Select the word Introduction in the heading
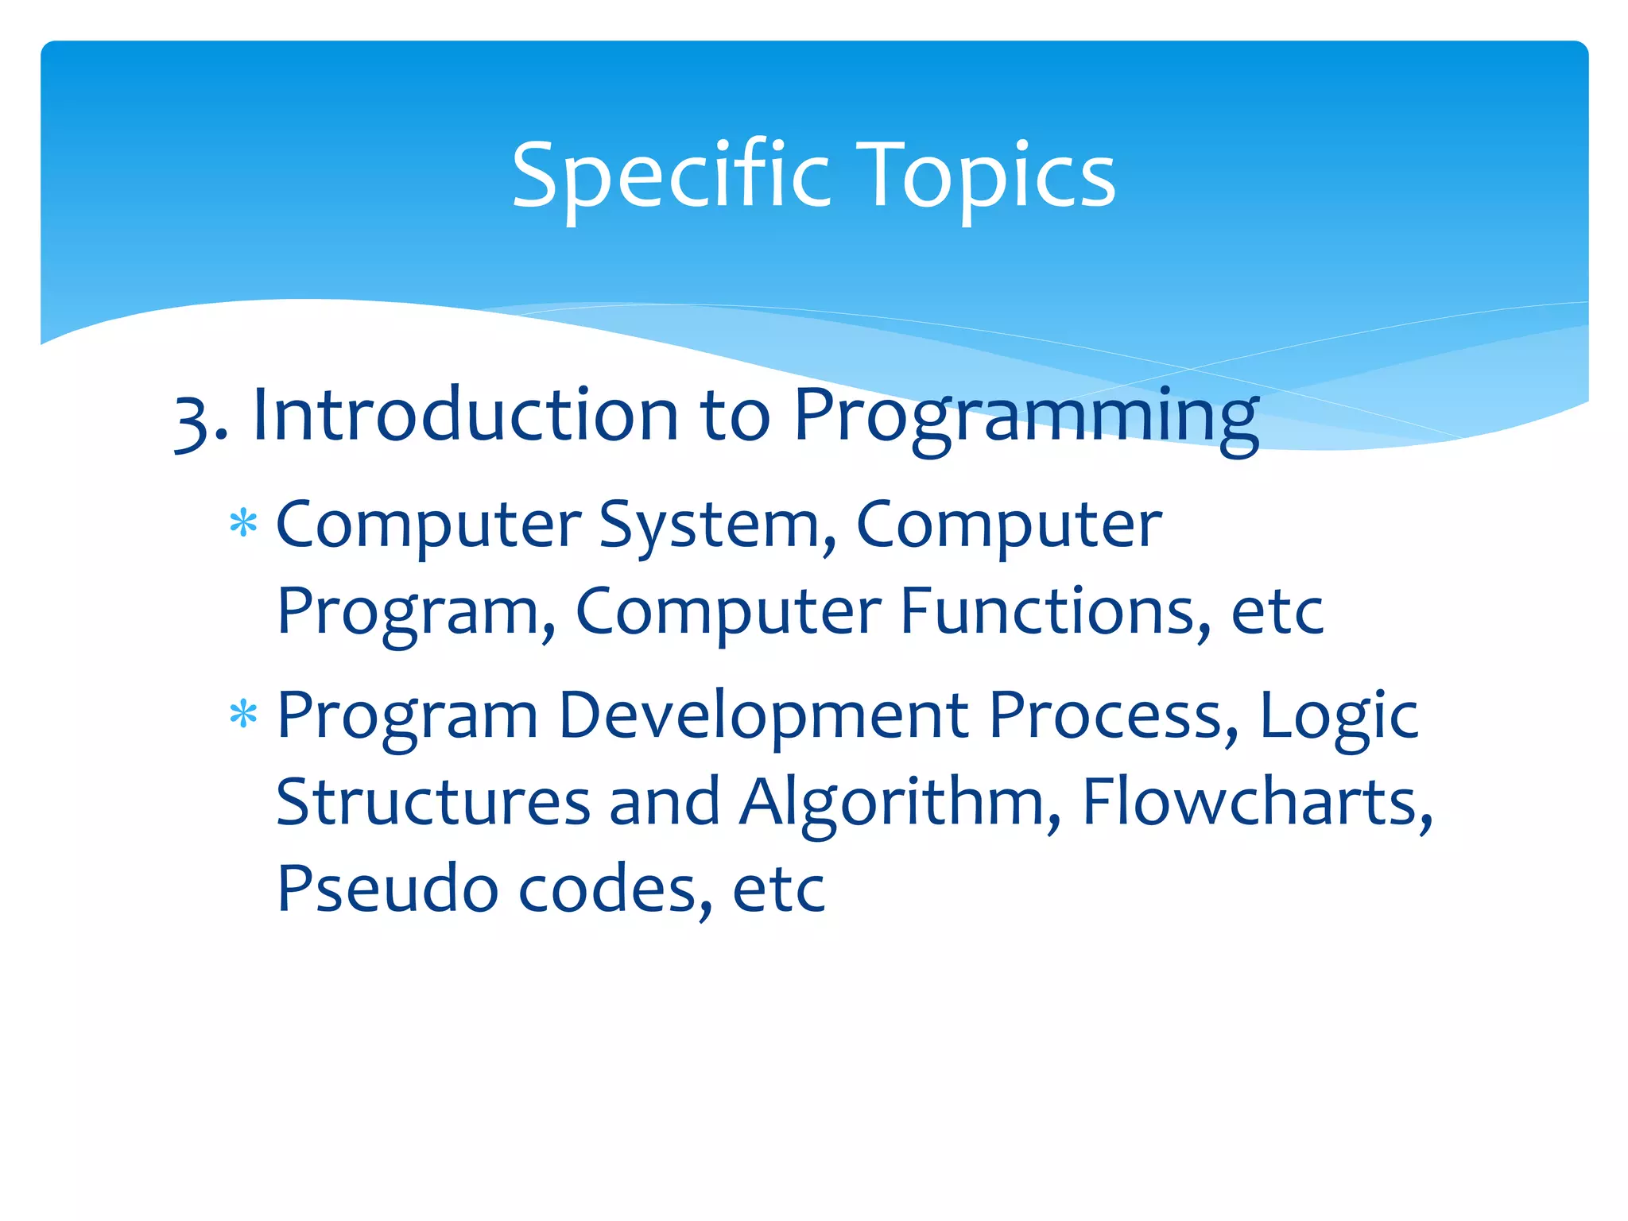[x=465, y=415]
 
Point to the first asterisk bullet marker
[x=243, y=524]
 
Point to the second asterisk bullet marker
[x=243, y=714]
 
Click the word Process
[x=1114, y=715]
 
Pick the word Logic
[x=1339, y=715]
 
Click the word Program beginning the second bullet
[x=407, y=715]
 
